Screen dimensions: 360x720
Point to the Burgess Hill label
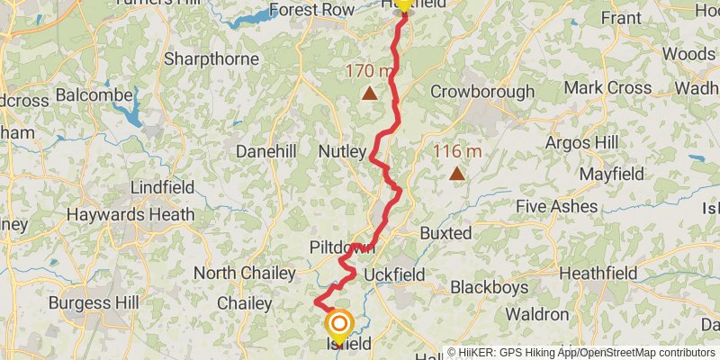click(x=94, y=302)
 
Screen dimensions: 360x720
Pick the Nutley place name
click(x=342, y=152)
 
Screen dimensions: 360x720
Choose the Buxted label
click(x=445, y=233)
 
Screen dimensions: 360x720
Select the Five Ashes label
click(x=557, y=207)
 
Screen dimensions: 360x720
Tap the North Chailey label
click(x=244, y=273)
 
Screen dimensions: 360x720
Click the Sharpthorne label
click(x=211, y=58)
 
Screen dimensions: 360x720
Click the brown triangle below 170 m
click(x=369, y=92)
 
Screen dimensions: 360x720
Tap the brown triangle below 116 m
click(x=457, y=174)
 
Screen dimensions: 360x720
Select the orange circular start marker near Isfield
click(x=340, y=324)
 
